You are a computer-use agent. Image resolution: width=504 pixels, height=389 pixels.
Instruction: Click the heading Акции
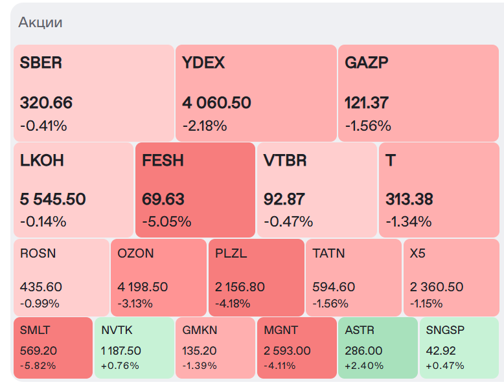pos(40,23)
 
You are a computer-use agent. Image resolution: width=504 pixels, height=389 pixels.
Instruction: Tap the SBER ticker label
pos(41,63)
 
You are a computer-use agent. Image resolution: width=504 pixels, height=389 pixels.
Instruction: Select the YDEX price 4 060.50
pos(216,103)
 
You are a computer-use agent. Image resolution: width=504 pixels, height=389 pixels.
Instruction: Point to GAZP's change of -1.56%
pos(368,126)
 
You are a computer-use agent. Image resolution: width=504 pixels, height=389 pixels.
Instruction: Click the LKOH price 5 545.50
pos(52,199)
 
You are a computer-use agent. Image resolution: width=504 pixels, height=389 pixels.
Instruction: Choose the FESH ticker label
pos(163,161)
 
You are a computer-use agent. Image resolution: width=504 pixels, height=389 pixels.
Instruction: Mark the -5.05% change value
pos(166,222)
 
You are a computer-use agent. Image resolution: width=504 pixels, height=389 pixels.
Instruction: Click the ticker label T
pos(390,161)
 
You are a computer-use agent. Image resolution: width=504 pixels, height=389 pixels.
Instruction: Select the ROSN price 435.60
pos(41,287)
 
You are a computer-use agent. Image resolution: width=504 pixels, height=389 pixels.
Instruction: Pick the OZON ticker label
pos(135,253)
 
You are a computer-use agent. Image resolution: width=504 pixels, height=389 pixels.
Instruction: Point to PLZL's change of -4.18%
pos(233,304)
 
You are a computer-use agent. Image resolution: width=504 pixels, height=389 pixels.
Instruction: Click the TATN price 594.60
pos(334,287)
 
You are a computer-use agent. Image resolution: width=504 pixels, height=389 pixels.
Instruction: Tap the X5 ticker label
pos(418,253)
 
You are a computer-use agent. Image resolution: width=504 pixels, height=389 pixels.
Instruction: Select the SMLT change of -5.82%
pos(38,365)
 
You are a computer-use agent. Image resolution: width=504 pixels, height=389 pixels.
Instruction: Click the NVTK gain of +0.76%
pos(120,365)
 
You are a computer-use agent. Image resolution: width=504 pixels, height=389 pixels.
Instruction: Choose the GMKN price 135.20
pos(200,351)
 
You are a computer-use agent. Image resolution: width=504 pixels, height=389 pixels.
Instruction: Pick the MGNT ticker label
pos(281,330)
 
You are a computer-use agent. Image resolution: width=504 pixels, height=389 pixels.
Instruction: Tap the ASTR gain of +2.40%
pos(364,365)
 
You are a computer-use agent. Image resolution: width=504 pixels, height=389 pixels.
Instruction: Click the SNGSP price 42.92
pos(441,351)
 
